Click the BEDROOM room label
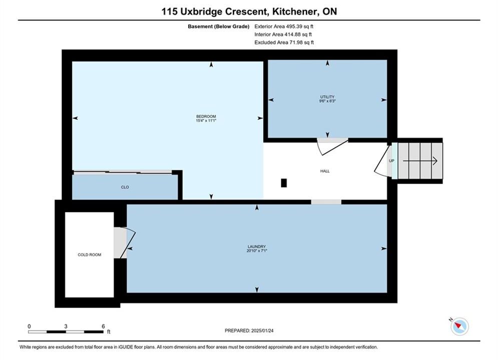[206, 116]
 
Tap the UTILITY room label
[327, 96]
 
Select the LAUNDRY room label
[257, 246]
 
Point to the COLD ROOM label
[89, 254]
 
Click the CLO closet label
[125, 187]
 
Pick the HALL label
[325, 171]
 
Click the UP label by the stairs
[391, 161]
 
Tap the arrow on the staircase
[420, 161]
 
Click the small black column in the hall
[284, 183]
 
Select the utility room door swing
[332, 147]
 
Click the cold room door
[128, 242]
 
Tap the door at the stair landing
[382, 159]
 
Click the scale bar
[66, 332]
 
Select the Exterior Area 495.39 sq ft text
[284, 26]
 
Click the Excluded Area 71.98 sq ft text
[284, 42]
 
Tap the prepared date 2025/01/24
[262, 330]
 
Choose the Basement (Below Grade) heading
[219, 26]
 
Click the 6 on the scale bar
[103, 326]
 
